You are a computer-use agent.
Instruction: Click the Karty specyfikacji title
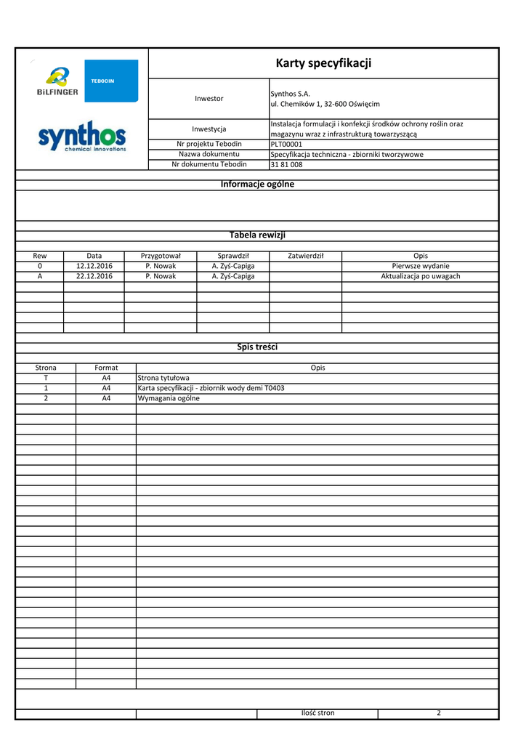pyautogui.click(x=323, y=63)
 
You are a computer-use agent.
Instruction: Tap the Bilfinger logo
pyautogui.click(x=57, y=81)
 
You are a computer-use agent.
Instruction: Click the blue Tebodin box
pyautogui.click(x=111, y=81)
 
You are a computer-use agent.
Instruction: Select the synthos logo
pyautogui.click(x=81, y=136)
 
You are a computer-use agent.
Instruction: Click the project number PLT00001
pyautogui.click(x=286, y=144)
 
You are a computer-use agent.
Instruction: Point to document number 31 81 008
pyautogui.click(x=286, y=164)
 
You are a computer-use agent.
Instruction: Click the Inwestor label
pyautogui.click(x=209, y=98)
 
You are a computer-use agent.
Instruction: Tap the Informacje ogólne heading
pyautogui.click(x=257, y=185)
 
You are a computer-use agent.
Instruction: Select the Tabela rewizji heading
pyautogui.click(x=257, y=235)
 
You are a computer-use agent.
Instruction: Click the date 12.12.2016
pyautogui.click(x=94, y=266)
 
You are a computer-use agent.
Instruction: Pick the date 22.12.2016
pyautogui.click(x=94, y=276)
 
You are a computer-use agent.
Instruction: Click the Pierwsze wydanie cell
pyautogui.click(x=420, y=266)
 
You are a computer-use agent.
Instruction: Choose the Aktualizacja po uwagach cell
pyautogui.click(x=420, y=276)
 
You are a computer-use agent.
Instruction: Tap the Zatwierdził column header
pyautogui.click(x=305, y=256)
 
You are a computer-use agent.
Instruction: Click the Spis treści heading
pyautogui.click(x=257, y=347)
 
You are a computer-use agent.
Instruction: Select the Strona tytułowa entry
pyautogui.click(x=163, y=378)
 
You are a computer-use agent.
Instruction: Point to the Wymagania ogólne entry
pyautogui.click(x=169, y=398)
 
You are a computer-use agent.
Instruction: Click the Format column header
pyautogui.click(x=106, y=368)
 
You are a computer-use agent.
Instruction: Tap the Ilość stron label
pyautogui.click(x=317, y=713)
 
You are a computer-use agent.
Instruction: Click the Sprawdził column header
pyautogui.click(x=233, y=256)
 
